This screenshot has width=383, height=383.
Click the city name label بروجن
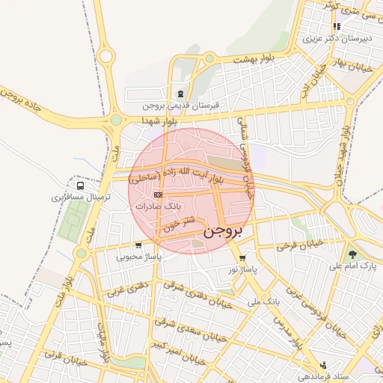pyautogui.click(x=223, y=230)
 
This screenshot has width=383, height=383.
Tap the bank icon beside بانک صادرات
pyautogui.click(x=156, y=194)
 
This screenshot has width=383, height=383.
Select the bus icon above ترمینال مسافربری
pyautogui.click(x=80, y=186)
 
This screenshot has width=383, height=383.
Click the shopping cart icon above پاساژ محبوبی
pyautogui.click(x=138, y=245)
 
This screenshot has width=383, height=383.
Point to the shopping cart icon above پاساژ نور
pyautogui.click(x=242, y=257)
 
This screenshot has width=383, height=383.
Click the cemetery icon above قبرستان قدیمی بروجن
pyautogui.click(x=180, y=94)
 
